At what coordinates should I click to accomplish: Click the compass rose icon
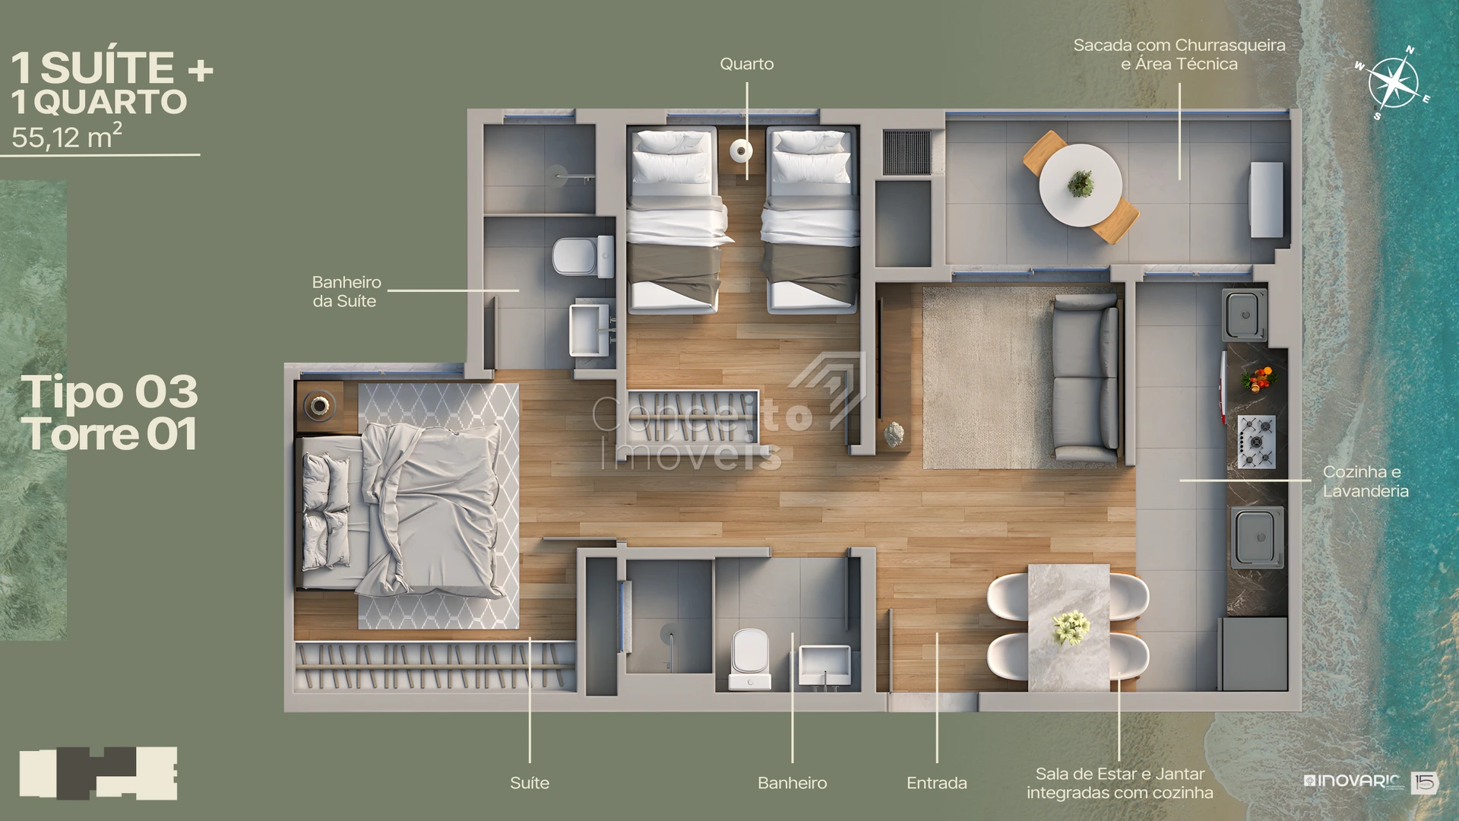1393,83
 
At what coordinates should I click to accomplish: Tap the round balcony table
1080,185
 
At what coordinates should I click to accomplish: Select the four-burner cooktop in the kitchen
1256,441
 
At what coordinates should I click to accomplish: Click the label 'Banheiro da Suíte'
347,292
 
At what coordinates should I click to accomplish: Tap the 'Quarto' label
747,64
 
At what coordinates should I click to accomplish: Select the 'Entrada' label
937,783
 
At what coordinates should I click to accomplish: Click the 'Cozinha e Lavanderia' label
1366,481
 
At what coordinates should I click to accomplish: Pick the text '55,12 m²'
67,136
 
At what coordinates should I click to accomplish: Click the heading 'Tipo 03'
109,391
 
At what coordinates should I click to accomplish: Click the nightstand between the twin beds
741,151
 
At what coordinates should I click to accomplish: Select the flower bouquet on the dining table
1071,627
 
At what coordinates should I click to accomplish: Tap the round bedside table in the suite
319,405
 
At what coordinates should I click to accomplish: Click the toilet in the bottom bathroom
750,658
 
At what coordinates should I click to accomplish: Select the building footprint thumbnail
98,773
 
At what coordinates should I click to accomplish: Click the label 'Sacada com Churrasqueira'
1179,46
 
